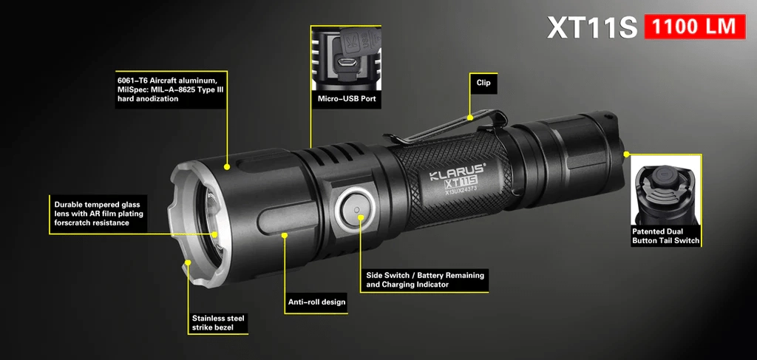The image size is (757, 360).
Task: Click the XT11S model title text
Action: [592, 28]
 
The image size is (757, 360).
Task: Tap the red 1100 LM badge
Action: [695, 27]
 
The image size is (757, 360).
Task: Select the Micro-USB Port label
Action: [346, 99]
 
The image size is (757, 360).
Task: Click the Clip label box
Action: [483, 83]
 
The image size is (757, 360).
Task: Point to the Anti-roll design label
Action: [316, 302]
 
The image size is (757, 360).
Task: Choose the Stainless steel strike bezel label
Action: [218, 322]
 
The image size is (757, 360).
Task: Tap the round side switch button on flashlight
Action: [356, 211]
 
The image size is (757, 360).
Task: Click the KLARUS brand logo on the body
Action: [457, 171]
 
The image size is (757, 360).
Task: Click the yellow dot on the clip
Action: [470, 117]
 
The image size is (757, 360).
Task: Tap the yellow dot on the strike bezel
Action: [188, 262]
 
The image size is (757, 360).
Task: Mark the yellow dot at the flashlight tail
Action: [626, 154]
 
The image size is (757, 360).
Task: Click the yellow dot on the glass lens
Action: [214, 234]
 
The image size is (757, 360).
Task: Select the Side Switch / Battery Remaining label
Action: [425, 280]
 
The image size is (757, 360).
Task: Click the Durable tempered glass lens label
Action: [98, 214]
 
